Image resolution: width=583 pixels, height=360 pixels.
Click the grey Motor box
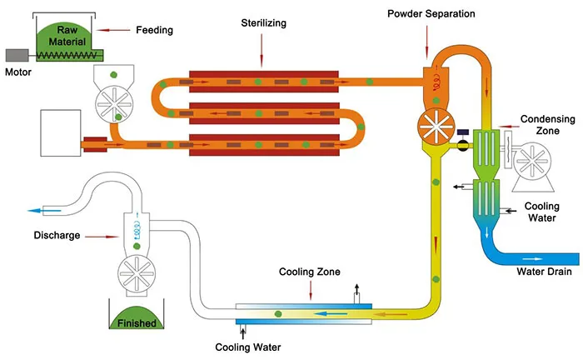[17, 55]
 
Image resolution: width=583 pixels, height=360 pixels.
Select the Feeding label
[154, 30]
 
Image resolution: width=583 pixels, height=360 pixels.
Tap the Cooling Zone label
[310, 272]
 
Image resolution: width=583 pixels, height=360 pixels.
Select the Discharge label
[57, 235]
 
